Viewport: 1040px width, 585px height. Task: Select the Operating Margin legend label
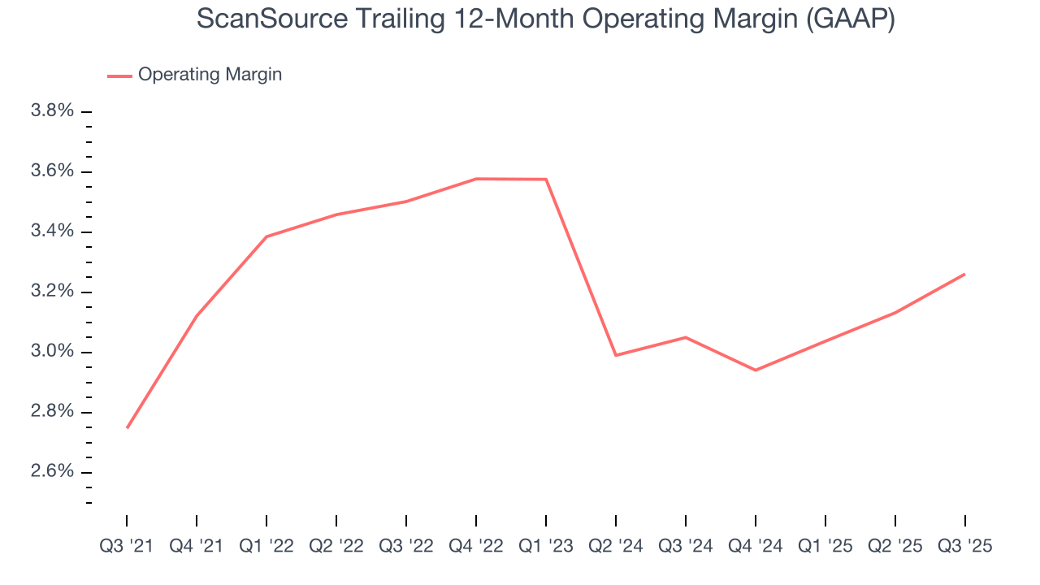point(210,75)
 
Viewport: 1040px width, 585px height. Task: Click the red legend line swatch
point(119,76)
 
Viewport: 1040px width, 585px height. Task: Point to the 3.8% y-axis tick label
point(52,111)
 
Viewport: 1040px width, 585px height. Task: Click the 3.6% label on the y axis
point(52,171)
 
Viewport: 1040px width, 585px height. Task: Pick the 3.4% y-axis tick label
point(52,232)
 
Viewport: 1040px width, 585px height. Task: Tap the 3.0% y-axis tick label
point(52,352)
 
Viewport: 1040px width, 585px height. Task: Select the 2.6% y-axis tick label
point(52,472)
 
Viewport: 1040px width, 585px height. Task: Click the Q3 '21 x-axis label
point(127,547)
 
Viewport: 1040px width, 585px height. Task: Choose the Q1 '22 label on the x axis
point(266,547)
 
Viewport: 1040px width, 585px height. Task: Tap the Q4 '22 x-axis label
point(476,547)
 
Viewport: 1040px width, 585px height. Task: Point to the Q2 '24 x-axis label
point(616,547)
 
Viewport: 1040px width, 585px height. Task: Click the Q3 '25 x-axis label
point(965,547)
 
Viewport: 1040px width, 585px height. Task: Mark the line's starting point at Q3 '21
point(127,428)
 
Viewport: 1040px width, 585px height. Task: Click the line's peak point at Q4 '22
point(476,179)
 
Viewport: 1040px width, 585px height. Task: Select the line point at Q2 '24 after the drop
point(616,355)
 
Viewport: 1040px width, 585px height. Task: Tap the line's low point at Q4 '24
point(756,370)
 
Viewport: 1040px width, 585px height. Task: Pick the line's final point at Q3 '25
point(965,274)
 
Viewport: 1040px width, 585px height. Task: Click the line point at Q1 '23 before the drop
point(546,179)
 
